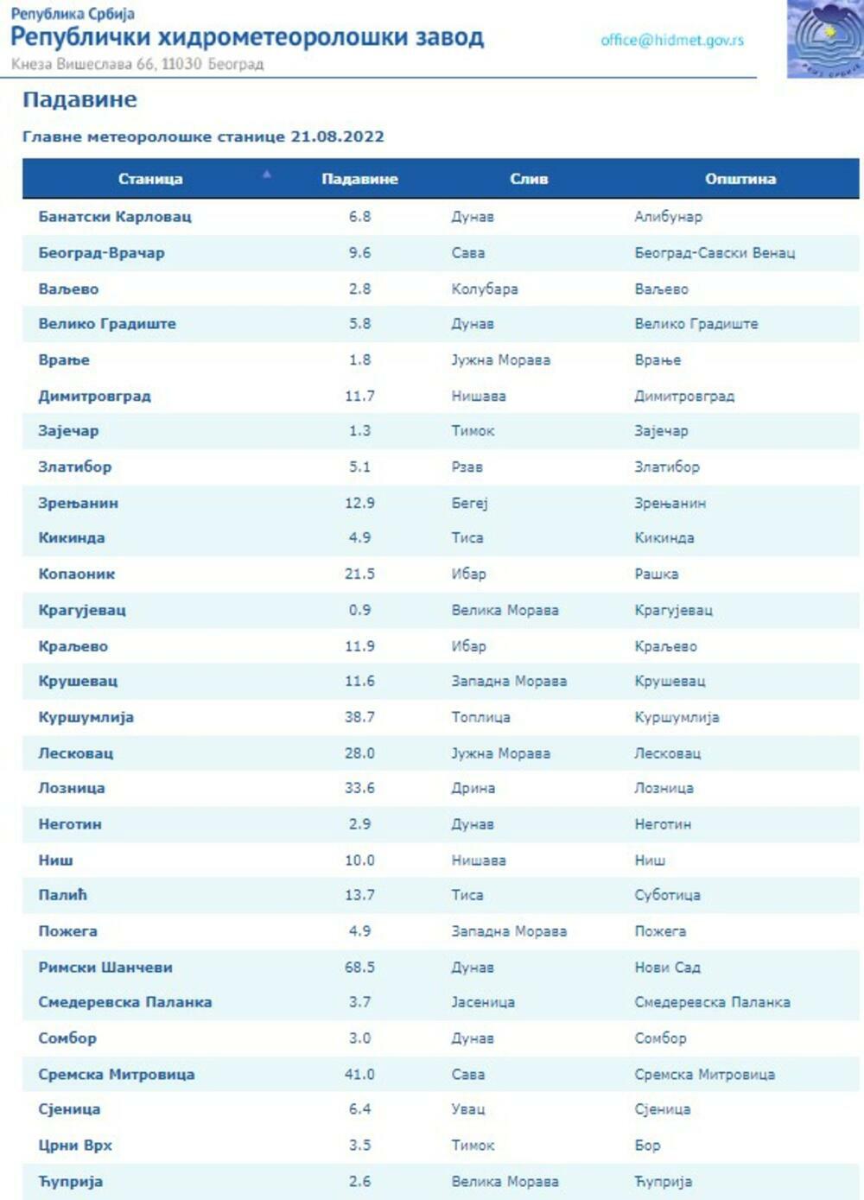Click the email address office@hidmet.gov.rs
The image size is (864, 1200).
[671, 41]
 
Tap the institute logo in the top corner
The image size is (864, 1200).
[825, 39]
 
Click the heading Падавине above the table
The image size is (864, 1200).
[79, 100]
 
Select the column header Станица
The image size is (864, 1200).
[150, 179]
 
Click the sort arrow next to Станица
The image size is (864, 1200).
[267, 175]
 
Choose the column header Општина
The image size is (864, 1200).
[740, 179]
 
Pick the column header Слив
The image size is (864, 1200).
[529, 179]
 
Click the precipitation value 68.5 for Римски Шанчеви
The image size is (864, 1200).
[359, 968]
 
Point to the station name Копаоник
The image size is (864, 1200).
[77, 575]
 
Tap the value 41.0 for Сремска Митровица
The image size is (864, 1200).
[359, 1075]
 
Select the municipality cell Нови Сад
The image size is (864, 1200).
[667, 968]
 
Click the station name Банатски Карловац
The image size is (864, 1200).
[115, 217]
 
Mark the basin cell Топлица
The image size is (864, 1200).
[480, 717]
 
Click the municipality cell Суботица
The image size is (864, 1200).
[667, 896]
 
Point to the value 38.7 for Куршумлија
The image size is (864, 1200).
[359, 717]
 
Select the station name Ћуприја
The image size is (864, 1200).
[70, 1182]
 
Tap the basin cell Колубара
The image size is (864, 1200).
[484, 289]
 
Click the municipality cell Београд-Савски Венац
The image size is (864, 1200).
[715, 253]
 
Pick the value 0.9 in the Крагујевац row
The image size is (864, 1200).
[359, 610]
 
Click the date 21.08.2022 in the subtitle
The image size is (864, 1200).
[337, 137]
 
